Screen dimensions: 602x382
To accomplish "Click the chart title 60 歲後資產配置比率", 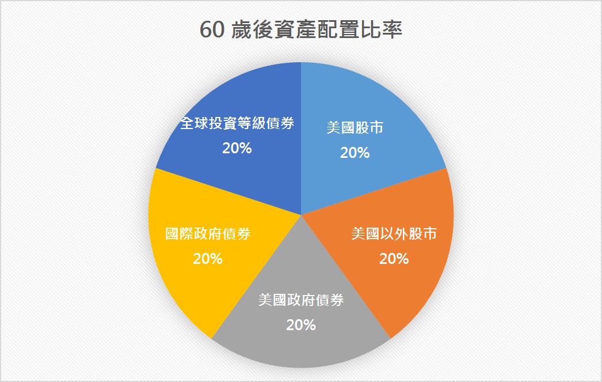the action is coord(301,29).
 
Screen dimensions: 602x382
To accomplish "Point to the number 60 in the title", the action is coord(212,29).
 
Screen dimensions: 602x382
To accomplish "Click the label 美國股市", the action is coord(355,127).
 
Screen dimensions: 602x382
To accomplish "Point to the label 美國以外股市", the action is coord(394,234).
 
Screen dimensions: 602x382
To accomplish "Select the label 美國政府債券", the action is coord(301,300).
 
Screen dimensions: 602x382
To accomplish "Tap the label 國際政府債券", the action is coord(208,234).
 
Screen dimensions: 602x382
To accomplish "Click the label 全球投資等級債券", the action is coord(237,123).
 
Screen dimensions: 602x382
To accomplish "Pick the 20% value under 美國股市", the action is coord(355,153).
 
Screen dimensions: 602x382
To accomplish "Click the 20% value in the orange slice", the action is coord(394,259).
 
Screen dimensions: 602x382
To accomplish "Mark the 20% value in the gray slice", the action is coord(301,325).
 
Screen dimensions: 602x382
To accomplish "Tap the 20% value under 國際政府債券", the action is coord(208,259).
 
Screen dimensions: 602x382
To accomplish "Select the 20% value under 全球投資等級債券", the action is coord(237,148).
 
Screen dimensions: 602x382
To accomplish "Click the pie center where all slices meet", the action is coord(301,215).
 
